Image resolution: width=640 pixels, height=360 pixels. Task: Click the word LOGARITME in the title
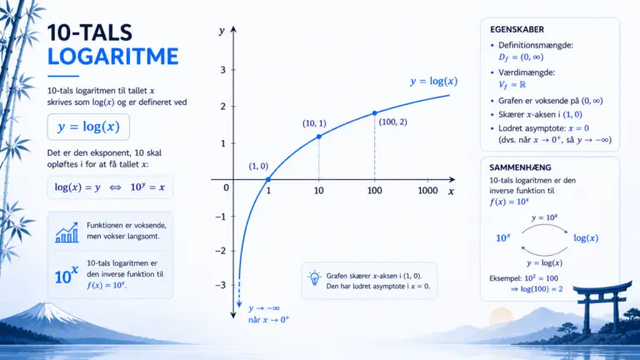click(x=113, y=57)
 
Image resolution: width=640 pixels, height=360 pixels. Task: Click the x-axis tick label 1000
click(x=427, y=191)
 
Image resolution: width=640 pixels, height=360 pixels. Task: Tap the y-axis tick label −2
click(x=220, y=251)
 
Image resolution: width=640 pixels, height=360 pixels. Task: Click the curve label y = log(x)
click(x=434, y=81)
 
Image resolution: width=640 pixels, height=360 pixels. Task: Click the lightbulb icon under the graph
click(x=314, y=278)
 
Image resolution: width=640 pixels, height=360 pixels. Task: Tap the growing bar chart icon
click(x=67, y=232)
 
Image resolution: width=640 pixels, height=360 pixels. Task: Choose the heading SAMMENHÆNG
click(x=520, y=167)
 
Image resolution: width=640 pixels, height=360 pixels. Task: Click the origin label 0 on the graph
click(x=226, y=187)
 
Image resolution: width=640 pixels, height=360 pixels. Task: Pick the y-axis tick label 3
click(x=222, y=70)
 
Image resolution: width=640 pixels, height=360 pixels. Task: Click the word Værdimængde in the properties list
click(x=526, y=72)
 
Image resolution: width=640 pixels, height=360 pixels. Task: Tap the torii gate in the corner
click(x=602, y=305)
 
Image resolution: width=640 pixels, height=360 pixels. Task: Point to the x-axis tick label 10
click(x=319, y=191)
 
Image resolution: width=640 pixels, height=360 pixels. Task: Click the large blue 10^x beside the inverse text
click(x=66, y=275)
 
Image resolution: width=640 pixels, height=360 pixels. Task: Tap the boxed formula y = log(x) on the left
click(x=88, y=127)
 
